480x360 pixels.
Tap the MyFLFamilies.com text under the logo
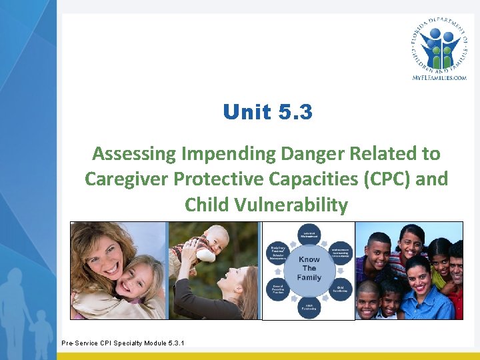pyautogui.click(x=438, y=77)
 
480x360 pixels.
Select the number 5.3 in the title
pyautogui.click(x=294, y=112)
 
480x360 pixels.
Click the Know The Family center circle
pyautogui.click(x=309, y=269)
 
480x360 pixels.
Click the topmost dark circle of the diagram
pyautogui.click(x=309, y=233)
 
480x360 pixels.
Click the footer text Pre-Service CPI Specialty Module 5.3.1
pyautogui.click(x=123, y=343)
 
